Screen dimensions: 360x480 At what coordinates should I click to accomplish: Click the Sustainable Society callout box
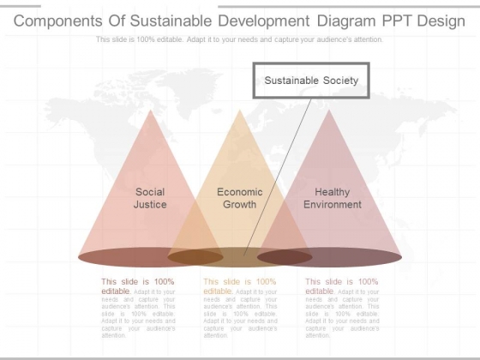(311, 81)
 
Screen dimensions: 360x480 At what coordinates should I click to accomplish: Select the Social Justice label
(150, 198)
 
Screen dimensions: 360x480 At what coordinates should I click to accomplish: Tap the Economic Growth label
(239, 198)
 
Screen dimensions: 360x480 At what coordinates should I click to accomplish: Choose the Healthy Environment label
(332, 198)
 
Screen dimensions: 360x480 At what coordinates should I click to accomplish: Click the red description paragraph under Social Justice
(138, 308)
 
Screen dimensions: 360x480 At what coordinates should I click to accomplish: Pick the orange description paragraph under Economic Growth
(239, 308)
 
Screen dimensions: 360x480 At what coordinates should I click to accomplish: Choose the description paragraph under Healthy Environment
(342, 308)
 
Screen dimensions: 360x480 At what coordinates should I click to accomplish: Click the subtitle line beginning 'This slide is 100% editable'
(239, 39)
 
